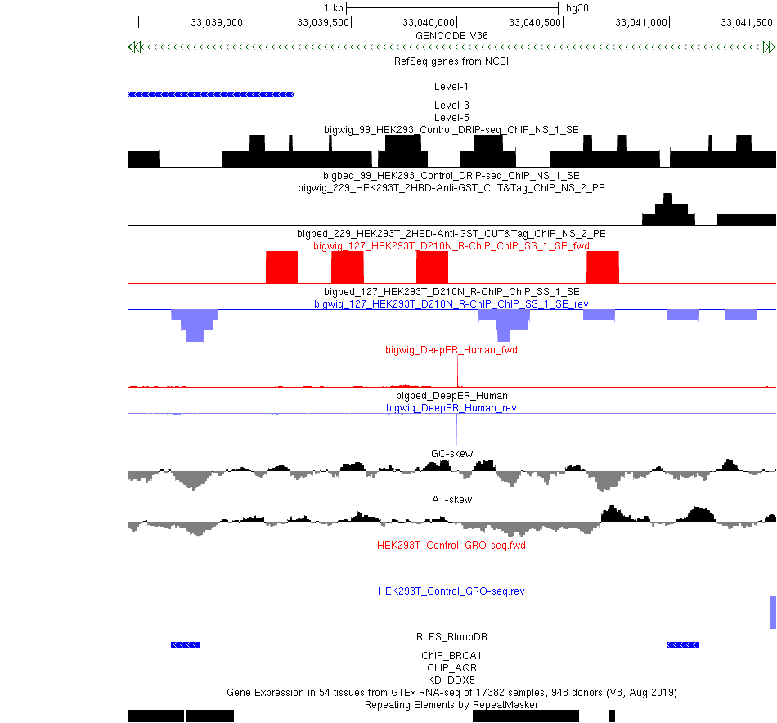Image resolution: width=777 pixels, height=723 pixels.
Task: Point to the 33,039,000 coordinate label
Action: tap(217, 22)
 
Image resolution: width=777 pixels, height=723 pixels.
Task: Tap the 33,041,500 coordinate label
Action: tap(747, 22)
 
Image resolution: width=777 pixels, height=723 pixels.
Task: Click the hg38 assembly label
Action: tap(577, 8)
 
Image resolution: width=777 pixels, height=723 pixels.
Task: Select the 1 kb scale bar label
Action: tap(333, 8)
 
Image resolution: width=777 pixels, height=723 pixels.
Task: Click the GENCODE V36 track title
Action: tap(451, 36)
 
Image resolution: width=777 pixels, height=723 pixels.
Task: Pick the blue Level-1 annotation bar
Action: tap(211, 95)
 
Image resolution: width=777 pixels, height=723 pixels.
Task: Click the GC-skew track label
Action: tap(451, 454)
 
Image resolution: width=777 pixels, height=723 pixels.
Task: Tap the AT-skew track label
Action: tap(451, 499)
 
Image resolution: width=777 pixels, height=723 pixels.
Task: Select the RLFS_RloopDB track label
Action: tap(451, 636)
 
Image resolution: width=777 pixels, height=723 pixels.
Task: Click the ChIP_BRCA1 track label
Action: tap(451, 655)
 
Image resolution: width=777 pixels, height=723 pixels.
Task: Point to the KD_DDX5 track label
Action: tap(451, 680)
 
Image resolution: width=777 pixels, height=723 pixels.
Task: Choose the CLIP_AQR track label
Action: tap(451, 667)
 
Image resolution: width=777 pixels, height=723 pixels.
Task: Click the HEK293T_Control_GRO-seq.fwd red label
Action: tap(451, 545)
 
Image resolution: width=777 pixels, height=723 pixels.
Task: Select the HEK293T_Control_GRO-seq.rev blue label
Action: tap(451, 591)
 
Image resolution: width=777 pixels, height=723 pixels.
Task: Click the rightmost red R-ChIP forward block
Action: tap(603, 267)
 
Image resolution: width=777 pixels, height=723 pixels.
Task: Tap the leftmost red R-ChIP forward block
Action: tap(282, 267)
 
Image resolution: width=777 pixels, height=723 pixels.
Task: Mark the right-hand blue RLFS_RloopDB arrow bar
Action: tap(683, 645)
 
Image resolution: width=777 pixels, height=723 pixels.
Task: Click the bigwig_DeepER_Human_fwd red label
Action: tap(451, 350)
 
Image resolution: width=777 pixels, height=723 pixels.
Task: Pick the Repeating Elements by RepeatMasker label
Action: tap(451, 704)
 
